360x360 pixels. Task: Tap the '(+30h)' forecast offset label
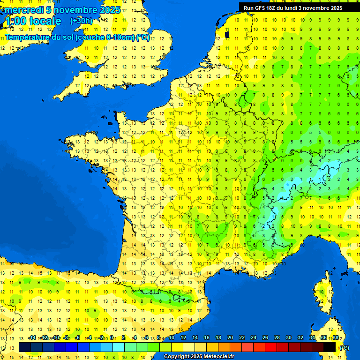coord(81,21)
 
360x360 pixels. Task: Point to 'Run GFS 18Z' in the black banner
coord(261,8)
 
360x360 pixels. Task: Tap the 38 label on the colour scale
coord(335,337)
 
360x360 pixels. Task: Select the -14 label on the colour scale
coord(32,337)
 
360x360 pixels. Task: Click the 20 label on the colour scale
coord(230,337)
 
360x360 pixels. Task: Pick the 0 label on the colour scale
coord(112,337)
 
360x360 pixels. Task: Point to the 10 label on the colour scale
coord(171,337)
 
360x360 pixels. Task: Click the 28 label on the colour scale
coord(277,337)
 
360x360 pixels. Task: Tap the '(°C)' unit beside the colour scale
coord(344,347)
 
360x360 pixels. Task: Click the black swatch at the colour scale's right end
coord(330,347)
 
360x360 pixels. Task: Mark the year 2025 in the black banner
coord(335,8)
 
